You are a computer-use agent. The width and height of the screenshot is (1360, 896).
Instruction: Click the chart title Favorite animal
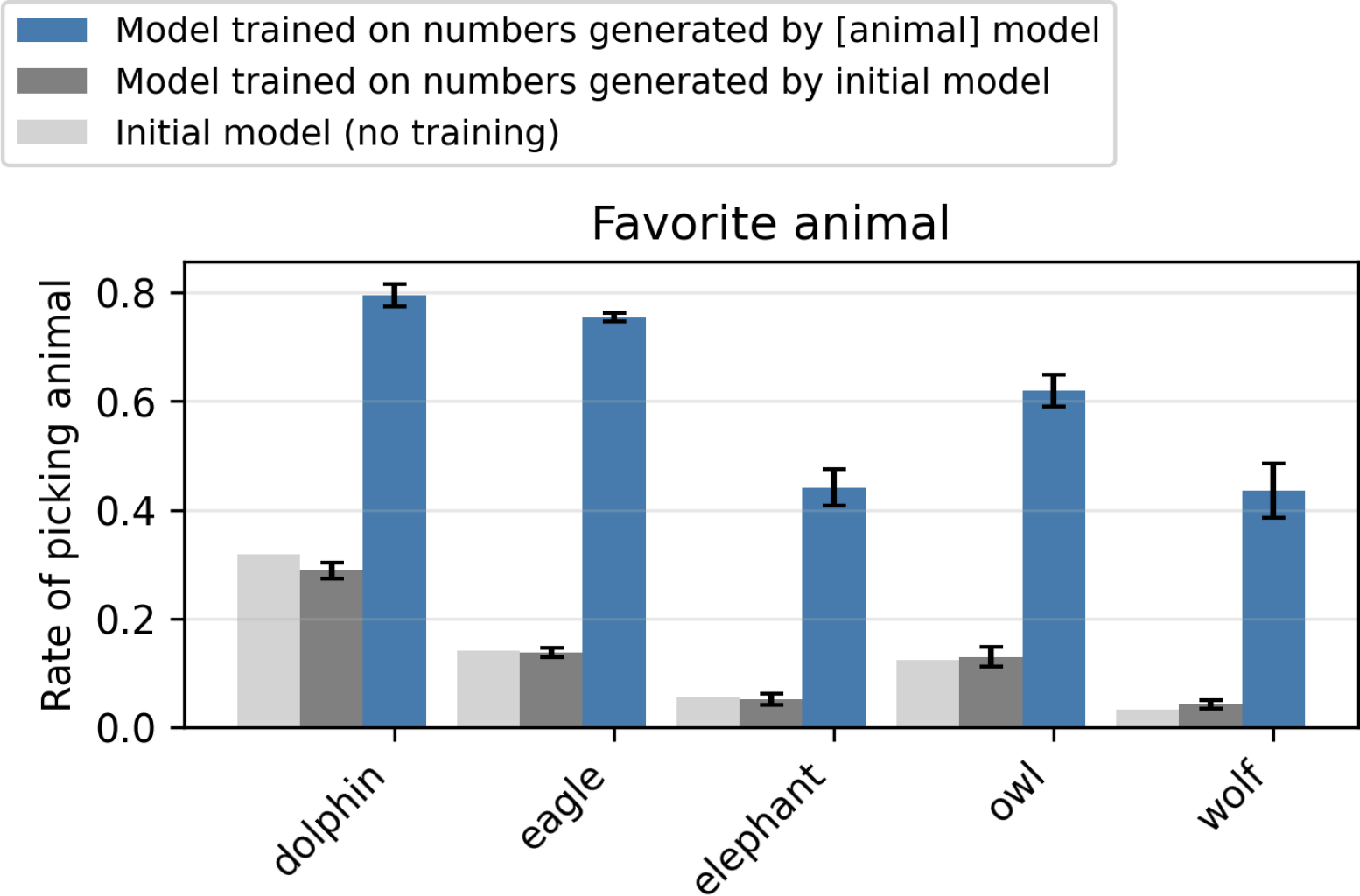[770, 223]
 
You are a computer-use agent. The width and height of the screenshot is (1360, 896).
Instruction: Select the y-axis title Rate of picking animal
[57, 495]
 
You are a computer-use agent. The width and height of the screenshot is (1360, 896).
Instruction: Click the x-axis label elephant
[760, 827]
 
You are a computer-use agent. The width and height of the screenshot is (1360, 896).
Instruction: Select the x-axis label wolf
[1230, 795]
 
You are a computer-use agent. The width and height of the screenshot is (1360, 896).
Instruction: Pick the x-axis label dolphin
[329, 819]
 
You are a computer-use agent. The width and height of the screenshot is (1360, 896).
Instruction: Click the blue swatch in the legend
[52, 31]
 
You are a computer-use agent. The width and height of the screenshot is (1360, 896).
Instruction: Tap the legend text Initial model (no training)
[337, 133]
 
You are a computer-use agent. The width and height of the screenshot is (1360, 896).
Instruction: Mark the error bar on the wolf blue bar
[1272, 491]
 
